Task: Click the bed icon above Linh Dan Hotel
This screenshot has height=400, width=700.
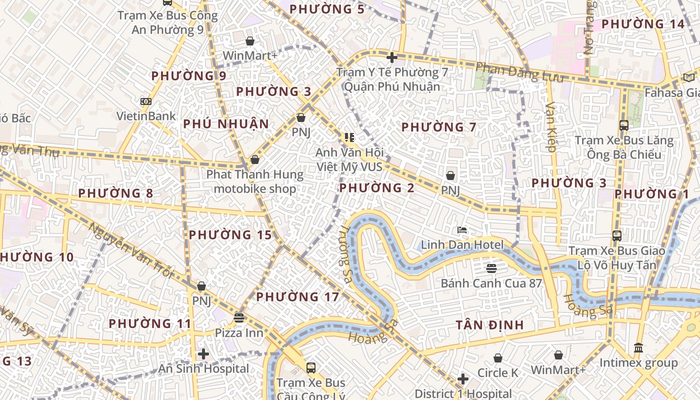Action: (462, 230)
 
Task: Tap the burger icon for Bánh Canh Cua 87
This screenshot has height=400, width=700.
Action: (491, 268)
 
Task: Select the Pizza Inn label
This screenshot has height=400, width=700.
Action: (239, 332)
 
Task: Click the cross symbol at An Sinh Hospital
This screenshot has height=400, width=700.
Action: (203, 354)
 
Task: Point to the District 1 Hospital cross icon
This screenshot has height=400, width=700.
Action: (463, 379)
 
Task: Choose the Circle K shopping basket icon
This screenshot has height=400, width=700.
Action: (497, 358)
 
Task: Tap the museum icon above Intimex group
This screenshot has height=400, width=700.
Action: (638, 347)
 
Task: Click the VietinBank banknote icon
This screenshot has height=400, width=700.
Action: (146, 101)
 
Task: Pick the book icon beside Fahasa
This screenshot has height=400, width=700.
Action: (688, 77)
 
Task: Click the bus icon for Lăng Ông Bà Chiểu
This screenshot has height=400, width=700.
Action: (623, 125)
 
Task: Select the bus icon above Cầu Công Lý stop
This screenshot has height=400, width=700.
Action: (311, 368)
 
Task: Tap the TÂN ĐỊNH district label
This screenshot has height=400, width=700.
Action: (489, 325)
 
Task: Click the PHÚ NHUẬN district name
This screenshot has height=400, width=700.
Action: (226, 124)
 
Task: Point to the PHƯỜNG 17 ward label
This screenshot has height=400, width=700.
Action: (297, 297)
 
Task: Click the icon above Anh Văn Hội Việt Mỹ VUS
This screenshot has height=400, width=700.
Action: (349, 137)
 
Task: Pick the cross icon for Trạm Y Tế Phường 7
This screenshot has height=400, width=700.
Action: (392, 57)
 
